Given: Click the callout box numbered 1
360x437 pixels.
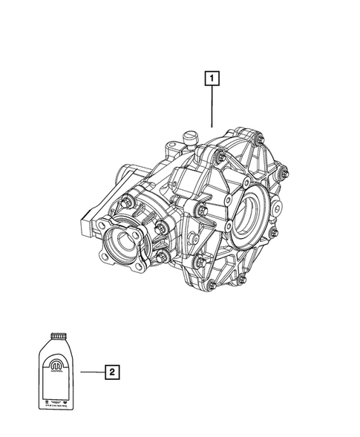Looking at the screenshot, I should click(212, 77).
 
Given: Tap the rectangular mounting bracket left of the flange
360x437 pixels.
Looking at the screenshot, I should click(86, 223).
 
